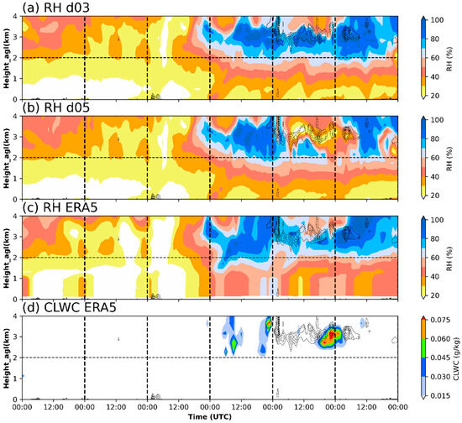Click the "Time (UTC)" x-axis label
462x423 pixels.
tap(210, 416)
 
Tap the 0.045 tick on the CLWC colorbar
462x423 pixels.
tap(438, 355)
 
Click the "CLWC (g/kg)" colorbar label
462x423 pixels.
tap(457, 356)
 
